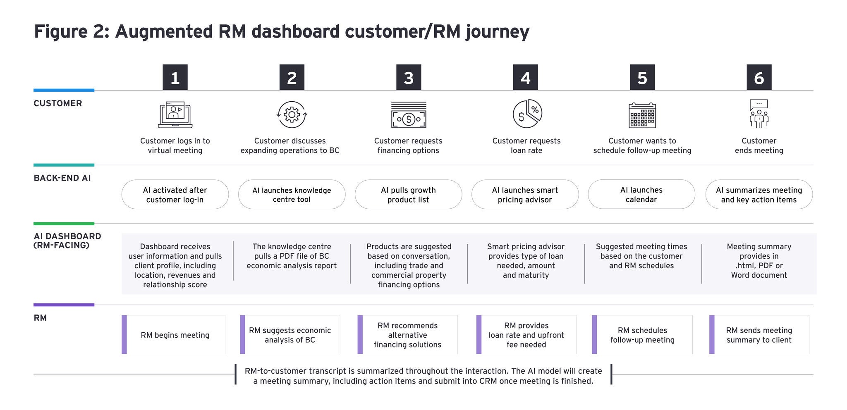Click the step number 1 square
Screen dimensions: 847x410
pyautogui.click(x=175, y=77)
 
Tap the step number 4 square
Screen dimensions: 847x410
pyautogui.click(x=525, y=77)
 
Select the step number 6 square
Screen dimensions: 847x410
pyautogui.click(x=759, y=77)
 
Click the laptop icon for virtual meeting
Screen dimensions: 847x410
pyautogui.click(x=175, y=114)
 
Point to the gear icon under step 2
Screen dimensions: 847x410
pyautogui.click(x=292, y=114)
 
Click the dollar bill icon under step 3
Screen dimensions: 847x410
pyautogui.click(x=409, y=115)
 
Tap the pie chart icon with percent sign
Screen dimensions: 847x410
pyautogui.click(x=527, y=114)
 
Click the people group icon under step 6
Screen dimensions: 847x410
pyautogui.click(x=759, y=114)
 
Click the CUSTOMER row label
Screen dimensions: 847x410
pyautogui.click(x=58, y=103)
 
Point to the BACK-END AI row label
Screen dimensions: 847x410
pyautogui.click(x=62, y=178)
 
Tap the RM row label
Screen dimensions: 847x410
pyautogui.click(x=40, y=318)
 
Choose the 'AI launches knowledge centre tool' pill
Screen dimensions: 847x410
pyautogui.click(x=292, y=194)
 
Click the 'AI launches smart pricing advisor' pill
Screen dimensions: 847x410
pyautogui.click(x=525, y=194)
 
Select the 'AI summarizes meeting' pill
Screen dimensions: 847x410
pyautogui.click(x=759, y=194)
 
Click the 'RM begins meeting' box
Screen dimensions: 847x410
pyautogui.click(x=173, y=335)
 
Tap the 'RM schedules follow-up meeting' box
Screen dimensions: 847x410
pyautogui.click(x=642, y=335)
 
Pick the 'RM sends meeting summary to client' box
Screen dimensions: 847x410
pyautogui.click(x=759, y=335)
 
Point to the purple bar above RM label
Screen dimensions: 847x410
pyautogui.click(x=64, y=305)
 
